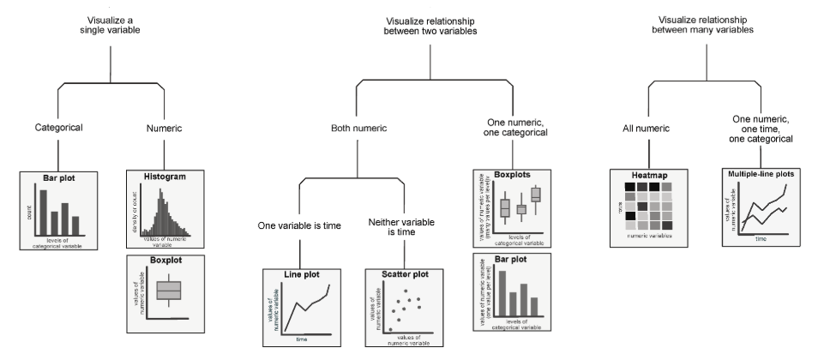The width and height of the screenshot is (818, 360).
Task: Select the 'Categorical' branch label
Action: pos(58,129)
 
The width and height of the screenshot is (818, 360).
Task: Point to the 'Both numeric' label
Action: pos(359,129)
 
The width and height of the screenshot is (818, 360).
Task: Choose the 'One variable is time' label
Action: pos(298,227)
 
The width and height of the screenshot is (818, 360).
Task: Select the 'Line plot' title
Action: pos(301,273)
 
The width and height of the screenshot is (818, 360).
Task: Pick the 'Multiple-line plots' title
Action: pos(757,174)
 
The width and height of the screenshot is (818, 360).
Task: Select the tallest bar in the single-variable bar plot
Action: pos(39,209)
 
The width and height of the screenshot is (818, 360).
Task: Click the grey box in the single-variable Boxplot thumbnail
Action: pos(169,291)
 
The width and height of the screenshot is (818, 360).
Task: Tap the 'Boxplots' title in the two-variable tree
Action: pos(511,174)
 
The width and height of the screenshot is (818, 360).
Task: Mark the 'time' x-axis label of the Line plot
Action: pos(302,339)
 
